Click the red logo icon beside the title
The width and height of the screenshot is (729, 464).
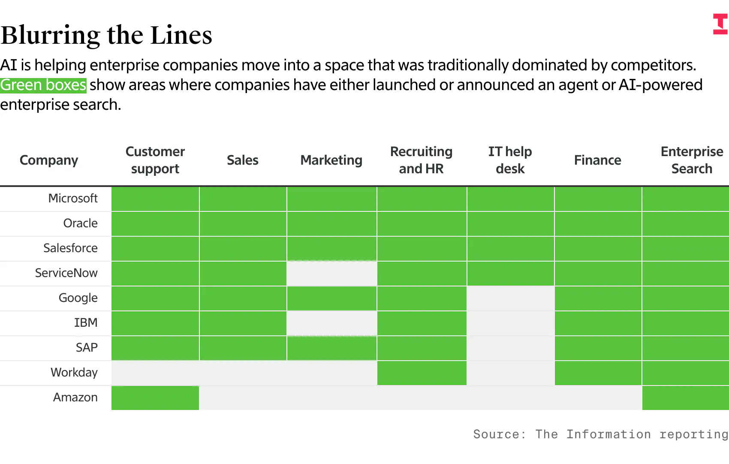pyautogui.click(x=720, y=24)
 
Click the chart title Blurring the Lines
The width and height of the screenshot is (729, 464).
pyautogui.click(x=106, y=35)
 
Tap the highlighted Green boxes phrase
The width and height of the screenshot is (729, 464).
pyautogui.click(x=43, y=85)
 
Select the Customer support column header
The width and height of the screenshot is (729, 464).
pyautogui.click(x=155, y=160)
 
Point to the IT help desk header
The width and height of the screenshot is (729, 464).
pyautogui.click(x=510, y=160)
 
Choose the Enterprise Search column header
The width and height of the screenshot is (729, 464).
pyautogui.click(x=692, y=160)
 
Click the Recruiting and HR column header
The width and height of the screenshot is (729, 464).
pyautogui.click(x=421, y=160)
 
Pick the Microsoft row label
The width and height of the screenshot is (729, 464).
pyautogui.click(x=73, y=198)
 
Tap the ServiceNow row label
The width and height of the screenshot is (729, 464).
pyautogui.click(x=66, y=273)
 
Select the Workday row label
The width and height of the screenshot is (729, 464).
pyautogui.click(x=74, y=372)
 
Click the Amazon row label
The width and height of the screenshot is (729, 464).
pyautogui.click(x=75, y=397)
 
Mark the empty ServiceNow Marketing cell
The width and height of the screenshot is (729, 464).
pyautogui.click(x=332, y=274)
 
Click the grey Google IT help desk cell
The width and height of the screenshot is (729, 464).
pyautogui.click(x=511, y=298)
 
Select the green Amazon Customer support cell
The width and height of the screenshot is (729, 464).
pyautogui.click(x=155, y=398)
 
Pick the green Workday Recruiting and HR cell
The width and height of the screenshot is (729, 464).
pyautogui.click(x=422, y=373)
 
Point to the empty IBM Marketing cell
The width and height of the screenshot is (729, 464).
pyautogui.click(x=332, y=323)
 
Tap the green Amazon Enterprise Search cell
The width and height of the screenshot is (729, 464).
pyautogui.click(x=686, y=398)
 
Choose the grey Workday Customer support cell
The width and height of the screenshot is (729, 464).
pyautogui.click(x=155, y=373)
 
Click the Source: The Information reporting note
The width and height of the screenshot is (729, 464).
pyautogui.click(x=601, y=434)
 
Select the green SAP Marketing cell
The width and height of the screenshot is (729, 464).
pyautogui.click(x=332, y=348)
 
